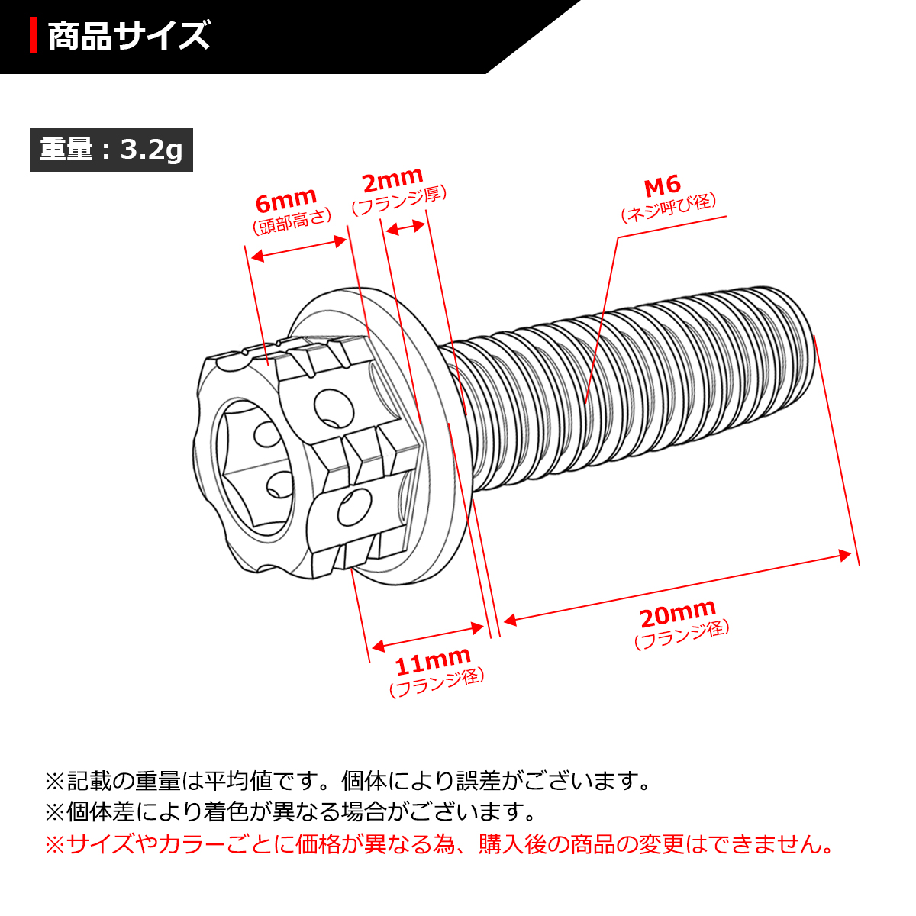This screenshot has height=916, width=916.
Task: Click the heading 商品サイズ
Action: coord(128,37)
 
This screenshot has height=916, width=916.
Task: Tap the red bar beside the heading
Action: coord(34,37)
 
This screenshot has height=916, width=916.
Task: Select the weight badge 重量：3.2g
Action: coord(111,150)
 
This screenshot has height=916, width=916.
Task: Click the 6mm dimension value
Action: coord(285,202)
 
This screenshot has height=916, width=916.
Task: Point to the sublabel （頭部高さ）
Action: coord(292,221)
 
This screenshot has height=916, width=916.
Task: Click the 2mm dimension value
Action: coord(392,182)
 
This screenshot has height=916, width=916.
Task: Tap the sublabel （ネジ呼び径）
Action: coord(669,206)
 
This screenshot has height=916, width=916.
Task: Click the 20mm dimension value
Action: coord(677,614)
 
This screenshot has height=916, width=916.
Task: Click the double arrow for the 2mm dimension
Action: coord(405,227)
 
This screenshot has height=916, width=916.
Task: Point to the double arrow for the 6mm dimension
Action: coord(299,249)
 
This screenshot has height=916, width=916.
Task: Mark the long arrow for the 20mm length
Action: coord(677,585)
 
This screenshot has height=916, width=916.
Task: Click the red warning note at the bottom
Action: coord(439,845)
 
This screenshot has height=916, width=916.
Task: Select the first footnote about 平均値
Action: coord(348,781)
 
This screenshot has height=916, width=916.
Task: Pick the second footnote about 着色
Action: coord(291,812)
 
